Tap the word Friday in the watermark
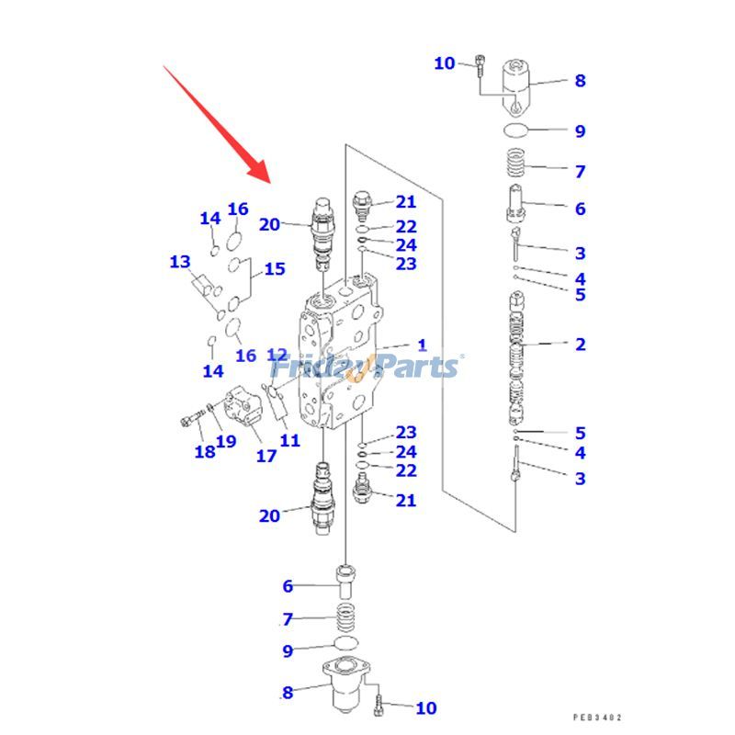318,367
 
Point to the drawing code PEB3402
598,718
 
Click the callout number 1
422,345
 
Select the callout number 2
580,345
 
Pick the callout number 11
289,441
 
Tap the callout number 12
277,355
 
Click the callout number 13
179,263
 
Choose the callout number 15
275,269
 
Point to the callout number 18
204,451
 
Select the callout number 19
226,441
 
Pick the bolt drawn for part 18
189,421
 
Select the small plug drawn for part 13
203,284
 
